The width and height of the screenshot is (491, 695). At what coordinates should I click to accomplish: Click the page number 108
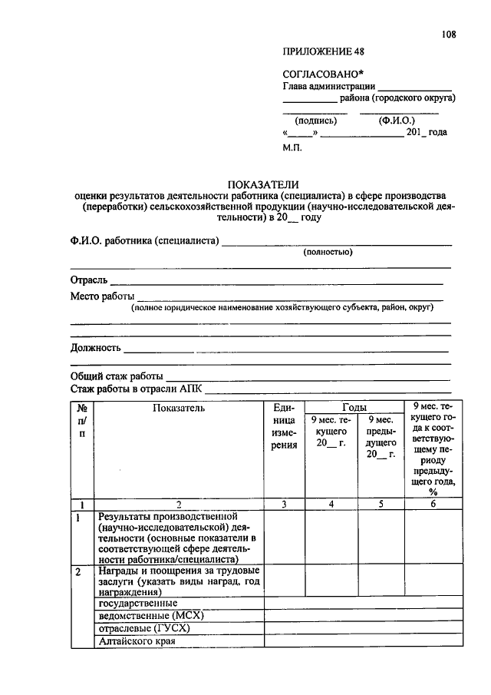pyautogui.click(x=449, y=34)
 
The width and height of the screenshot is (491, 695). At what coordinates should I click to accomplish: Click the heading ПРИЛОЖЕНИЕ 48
pyautogui.click(x=324, y=52)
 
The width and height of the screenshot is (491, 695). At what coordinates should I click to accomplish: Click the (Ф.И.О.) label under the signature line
pyautogui.click(x=397, y=121)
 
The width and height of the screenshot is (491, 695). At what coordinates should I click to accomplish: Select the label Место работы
pyautogui.click(x=103, y=296)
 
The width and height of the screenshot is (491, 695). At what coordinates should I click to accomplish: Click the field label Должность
pyautogui.click(x=96, y=347)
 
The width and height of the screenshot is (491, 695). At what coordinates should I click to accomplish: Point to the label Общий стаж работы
pyautogui.click(x=117, y=376)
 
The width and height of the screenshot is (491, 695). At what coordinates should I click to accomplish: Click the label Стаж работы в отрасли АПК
pyautogui.click(x=137, y=389)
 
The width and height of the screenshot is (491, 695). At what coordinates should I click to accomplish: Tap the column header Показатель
pyautogui.click(x=179, y=408)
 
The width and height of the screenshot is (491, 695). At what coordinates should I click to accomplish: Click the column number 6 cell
pyautogui.click(x=433, y=505)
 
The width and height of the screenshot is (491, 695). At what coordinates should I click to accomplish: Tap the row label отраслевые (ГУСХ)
pyautogui.click(x=143, y=627)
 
